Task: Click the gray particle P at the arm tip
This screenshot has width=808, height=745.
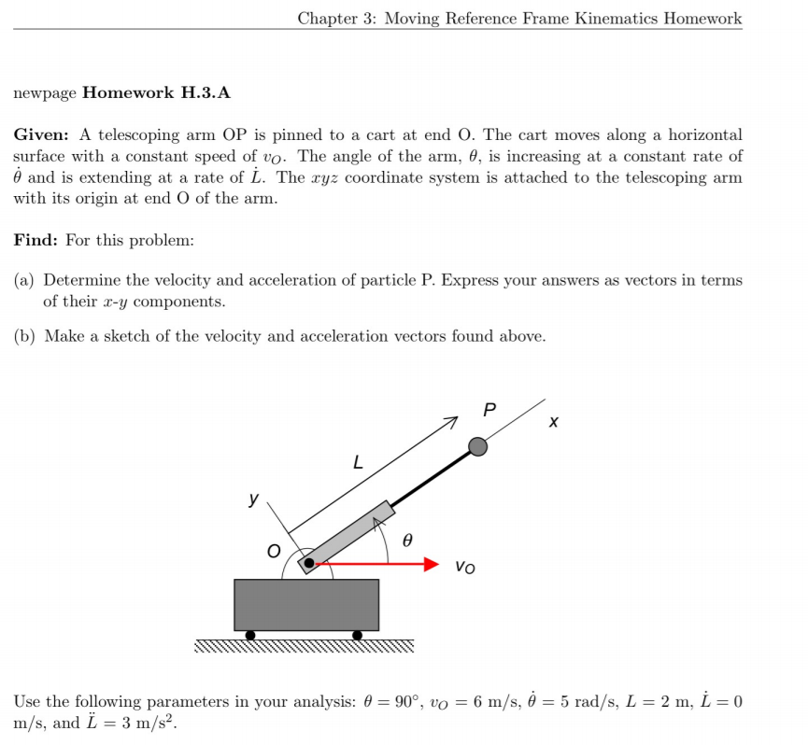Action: click(x=477, y=446)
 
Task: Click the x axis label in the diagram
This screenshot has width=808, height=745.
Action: click(x=554, y=423)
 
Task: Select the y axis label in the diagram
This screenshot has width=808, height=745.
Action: click(x=253, y=499)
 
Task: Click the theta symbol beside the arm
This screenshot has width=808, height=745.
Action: click(x=406, y=540)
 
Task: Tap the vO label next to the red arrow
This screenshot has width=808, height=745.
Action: click(x=465, y=566)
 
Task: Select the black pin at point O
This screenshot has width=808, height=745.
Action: click(x=308, y=563)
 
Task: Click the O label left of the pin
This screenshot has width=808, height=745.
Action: click(x=273, y=552)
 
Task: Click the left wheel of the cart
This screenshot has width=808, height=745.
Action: click(x=249, y=636)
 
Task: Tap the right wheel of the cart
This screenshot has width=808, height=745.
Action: click(x=357, y=636)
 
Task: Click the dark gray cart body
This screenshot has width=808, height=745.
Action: click(x=305, y=604)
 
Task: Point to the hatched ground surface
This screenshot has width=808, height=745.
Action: click(x=304, y=646)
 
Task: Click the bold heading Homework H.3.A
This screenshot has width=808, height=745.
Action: click(x=156, y=92)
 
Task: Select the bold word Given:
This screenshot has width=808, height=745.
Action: click(x=39, y=135)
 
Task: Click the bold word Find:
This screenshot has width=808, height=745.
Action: click(x=35, y=240)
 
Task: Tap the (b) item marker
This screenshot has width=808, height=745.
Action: click(x=25, y=336)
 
